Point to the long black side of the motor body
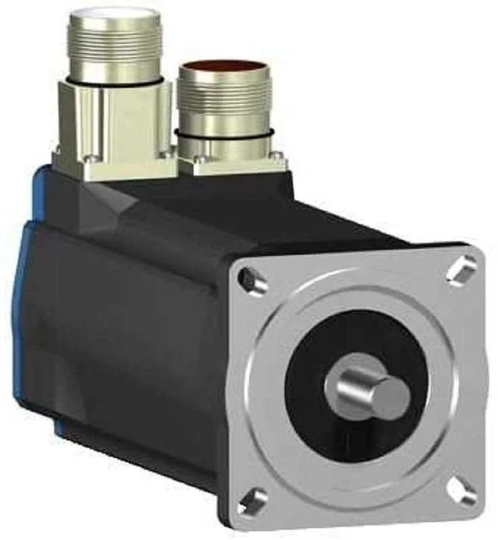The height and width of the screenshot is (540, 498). point(122,324)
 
